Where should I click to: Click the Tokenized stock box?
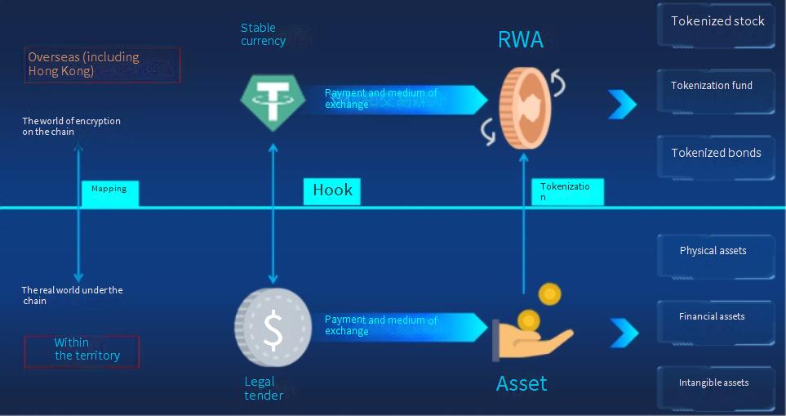717,23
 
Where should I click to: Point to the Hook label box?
332,191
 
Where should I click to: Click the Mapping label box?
109,193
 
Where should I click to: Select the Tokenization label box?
567,192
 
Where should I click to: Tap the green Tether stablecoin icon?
273,100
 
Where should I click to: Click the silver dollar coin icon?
273,328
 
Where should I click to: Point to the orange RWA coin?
525,108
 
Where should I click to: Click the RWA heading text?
520,40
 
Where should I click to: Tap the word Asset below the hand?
522,383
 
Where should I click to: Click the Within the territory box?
82,351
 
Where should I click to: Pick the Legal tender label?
264,389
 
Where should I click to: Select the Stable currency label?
263,34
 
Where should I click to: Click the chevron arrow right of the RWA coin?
622,104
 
